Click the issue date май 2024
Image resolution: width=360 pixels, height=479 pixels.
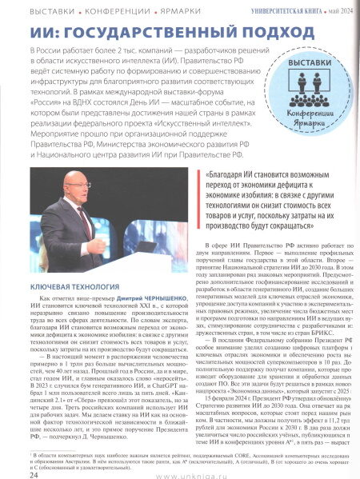pos(338,9)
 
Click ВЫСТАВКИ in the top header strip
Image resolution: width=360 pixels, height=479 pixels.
pos(31,9)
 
